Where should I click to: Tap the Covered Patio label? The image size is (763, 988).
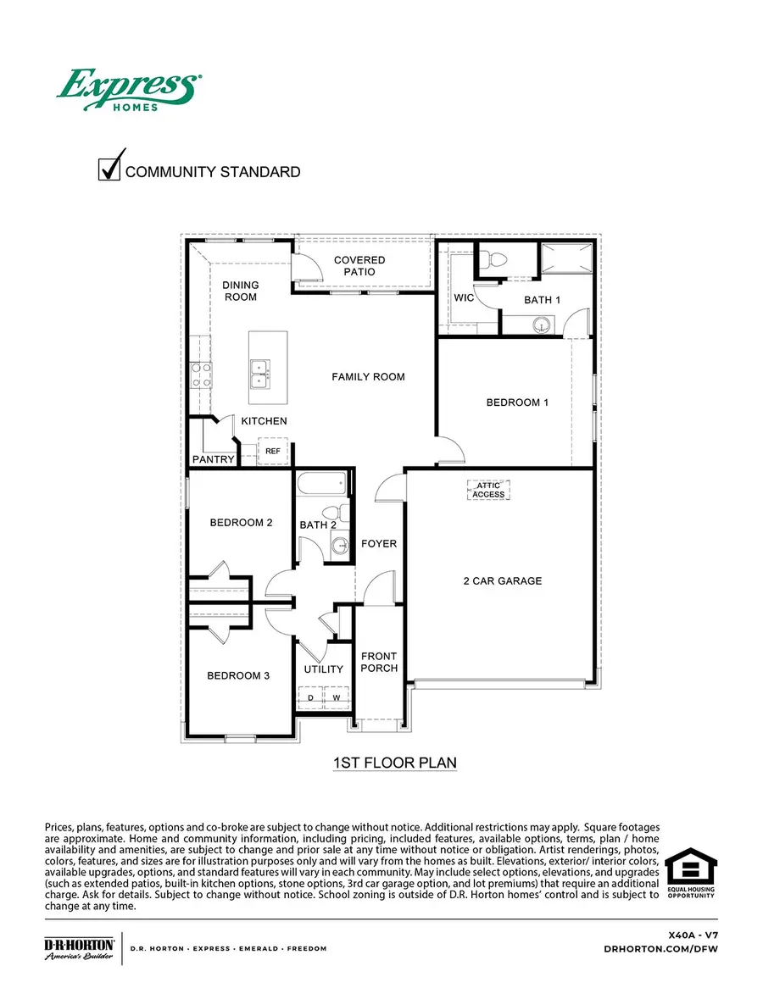point(359,266)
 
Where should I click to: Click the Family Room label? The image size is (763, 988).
point(368,376)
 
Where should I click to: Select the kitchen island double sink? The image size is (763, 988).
point(260,373)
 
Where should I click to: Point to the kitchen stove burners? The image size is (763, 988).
point(200,375)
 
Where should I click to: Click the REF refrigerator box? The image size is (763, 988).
point(273,452)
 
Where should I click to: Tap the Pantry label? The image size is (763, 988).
point(213,459)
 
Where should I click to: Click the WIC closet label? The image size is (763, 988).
point(464,298)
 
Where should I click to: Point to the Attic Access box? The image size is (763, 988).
point(488,490)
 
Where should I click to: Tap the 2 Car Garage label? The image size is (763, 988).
point(502,580)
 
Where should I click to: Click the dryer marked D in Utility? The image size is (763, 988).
point(311,697)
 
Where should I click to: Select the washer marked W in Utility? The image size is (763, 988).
point(336,697)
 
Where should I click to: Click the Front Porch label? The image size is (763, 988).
point(379,662)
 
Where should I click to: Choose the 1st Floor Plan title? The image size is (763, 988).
point(394,763)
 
